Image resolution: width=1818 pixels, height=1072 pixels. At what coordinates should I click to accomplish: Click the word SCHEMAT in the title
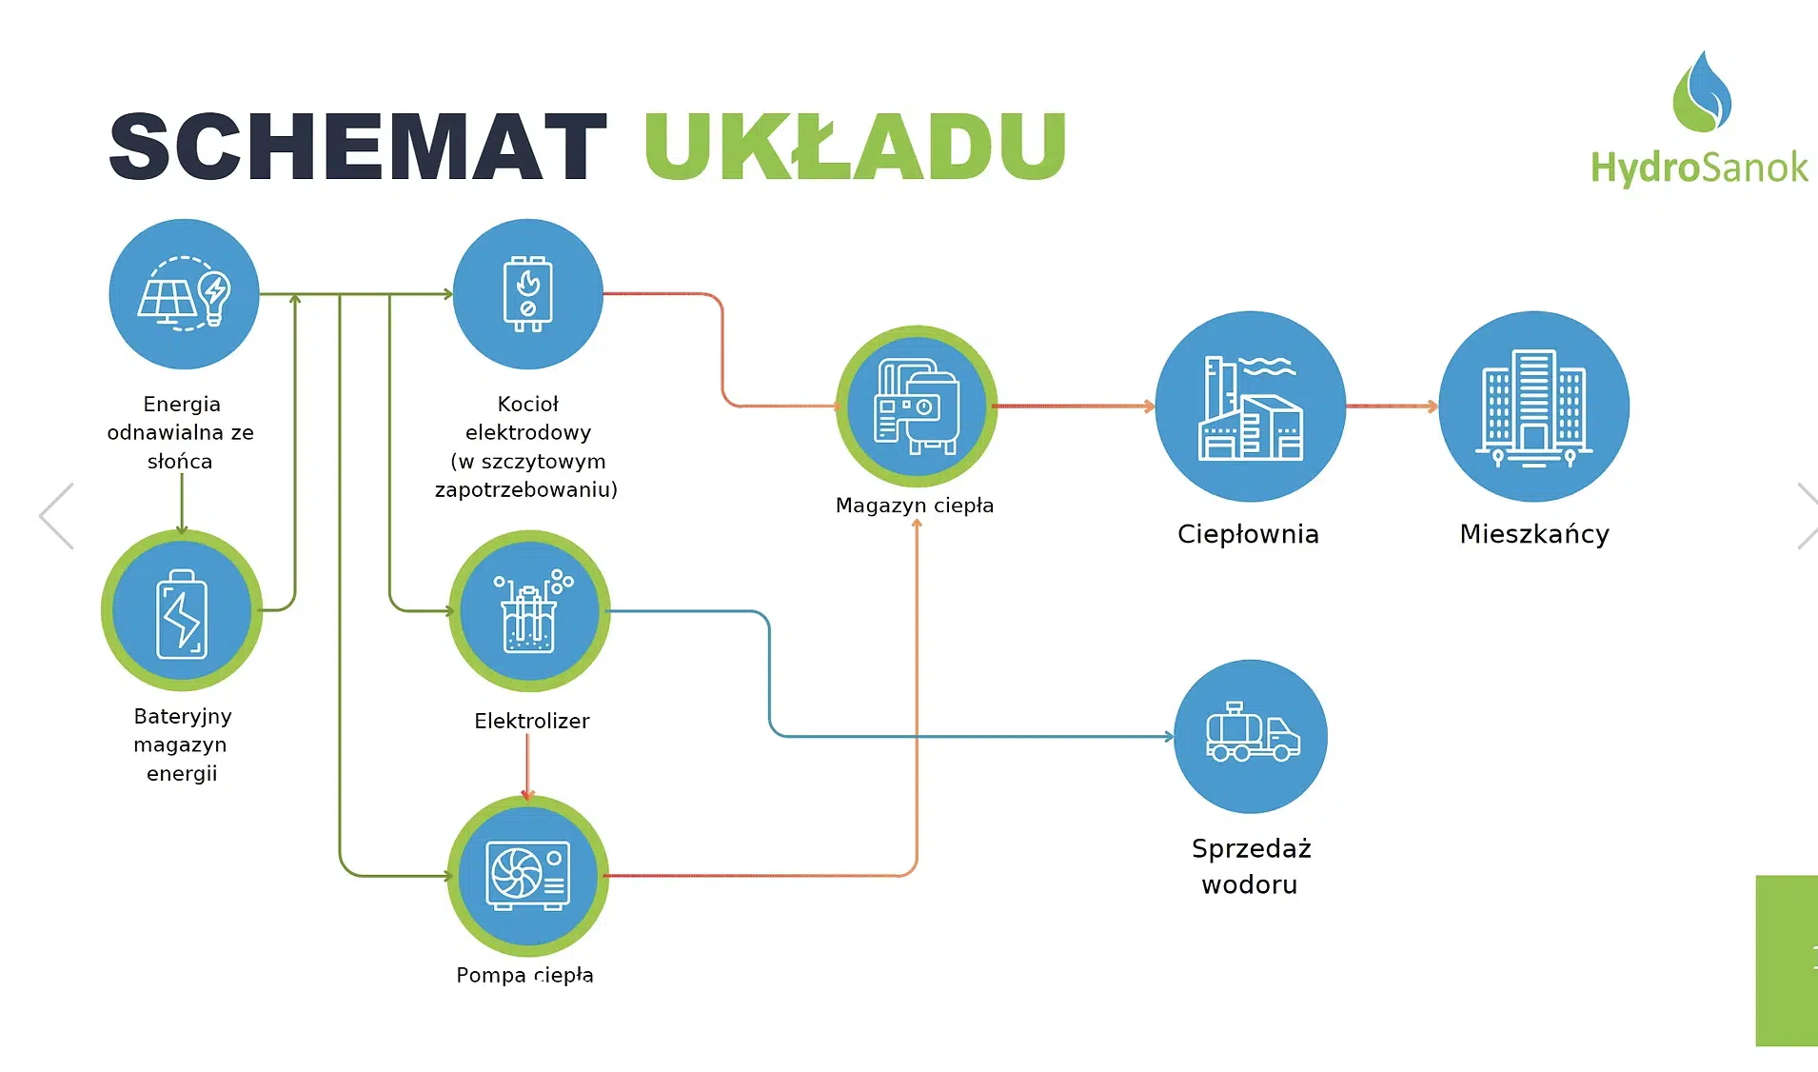coord(357,147)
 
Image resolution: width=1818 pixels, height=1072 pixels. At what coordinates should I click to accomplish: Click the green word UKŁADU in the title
coord(855,147)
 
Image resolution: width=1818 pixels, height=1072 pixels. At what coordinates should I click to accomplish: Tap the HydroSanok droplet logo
coord(1701,93)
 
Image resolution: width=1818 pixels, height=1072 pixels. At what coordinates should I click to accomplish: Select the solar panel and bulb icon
coord(184,294)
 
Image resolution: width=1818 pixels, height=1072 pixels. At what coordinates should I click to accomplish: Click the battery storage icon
coord(182,611)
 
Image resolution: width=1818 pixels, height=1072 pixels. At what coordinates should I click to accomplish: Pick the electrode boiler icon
coord(527,294)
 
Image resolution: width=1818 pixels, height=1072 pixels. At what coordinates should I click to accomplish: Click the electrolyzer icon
coord(529,611)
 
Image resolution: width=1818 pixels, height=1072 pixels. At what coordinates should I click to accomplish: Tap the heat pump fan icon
coord(527,875)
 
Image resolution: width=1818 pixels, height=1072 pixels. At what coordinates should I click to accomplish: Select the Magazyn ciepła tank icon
coord(916,407)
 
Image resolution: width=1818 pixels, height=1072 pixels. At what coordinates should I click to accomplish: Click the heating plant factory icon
coord(1250,407)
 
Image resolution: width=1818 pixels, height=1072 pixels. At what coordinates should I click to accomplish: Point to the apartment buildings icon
coord(1533,407)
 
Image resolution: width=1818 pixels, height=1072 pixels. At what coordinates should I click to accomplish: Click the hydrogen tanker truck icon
coord(1251,736)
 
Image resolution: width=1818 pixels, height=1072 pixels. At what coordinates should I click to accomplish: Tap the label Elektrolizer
coord(531,721)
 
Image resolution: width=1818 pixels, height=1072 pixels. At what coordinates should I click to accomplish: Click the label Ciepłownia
coord(1248,534)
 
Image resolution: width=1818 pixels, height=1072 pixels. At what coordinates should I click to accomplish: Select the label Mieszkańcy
coord(1533,534)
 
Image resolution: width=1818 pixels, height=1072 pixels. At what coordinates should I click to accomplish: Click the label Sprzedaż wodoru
coord(1251,865)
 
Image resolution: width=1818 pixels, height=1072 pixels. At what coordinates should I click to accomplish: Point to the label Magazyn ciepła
coord(914,506)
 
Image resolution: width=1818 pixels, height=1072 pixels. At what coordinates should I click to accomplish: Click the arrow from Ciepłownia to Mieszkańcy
coord(1392,407)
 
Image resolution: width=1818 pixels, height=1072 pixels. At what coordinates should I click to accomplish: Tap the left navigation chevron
coord(57,516)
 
